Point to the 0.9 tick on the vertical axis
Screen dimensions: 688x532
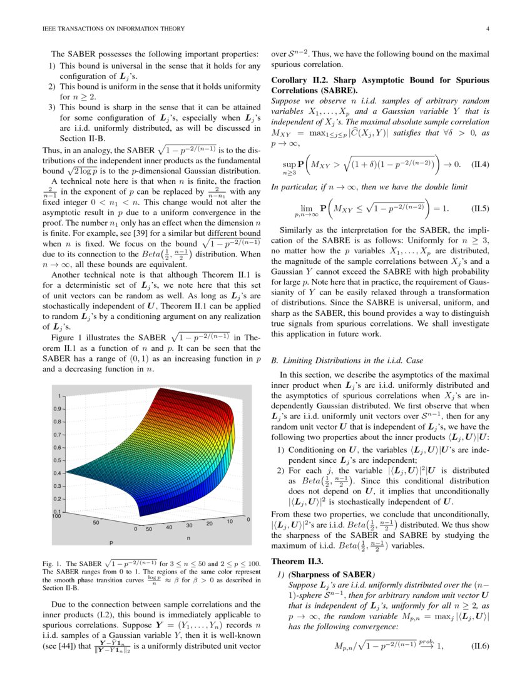[59, 409]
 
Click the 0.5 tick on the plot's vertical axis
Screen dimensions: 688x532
[59, 460]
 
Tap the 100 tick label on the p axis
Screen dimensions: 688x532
[58, 517]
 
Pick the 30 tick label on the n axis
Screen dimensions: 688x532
[188, 526]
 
